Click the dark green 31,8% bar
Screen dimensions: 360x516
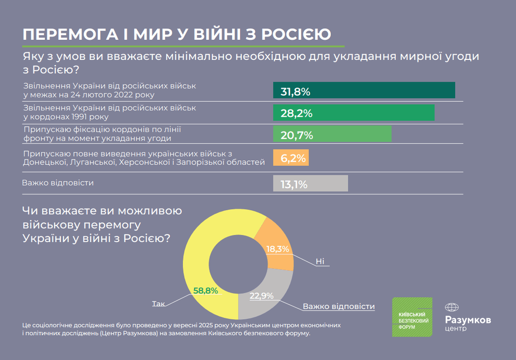click(364, 90)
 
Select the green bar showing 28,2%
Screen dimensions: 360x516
click(353, 113)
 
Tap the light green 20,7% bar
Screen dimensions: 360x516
click(332, 134)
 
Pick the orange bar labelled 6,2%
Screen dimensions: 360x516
click(291, 158)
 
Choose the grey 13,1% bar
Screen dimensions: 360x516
click(310, 183)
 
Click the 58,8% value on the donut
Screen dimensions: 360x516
click(205, 291)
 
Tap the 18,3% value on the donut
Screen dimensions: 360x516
click(278, 248)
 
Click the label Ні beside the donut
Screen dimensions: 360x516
click(320, 261)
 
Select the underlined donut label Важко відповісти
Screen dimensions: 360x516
click(338, 306)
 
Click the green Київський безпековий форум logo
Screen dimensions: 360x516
click(412, 317)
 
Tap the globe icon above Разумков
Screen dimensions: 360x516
click(452, 307)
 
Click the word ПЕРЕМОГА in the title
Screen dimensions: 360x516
click(66, 35)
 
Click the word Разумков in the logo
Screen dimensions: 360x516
click(467, 320)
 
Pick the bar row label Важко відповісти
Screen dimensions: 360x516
click(58, 183)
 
